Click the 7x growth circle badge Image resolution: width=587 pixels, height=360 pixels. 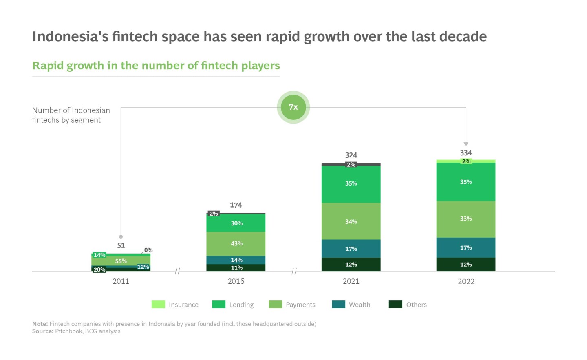click(x=293, y=107)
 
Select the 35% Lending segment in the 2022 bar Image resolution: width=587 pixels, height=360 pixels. click(x=466, y=182)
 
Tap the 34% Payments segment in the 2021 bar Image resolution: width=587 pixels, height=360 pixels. click(x=351, y=221)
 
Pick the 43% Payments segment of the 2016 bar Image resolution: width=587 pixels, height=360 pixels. click(x=236, y=243)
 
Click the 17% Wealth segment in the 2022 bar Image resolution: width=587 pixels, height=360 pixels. click(x=466, y=247)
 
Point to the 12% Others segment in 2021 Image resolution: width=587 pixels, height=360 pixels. click(x=351, y=264)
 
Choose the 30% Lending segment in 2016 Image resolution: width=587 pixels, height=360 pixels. click(x=236, y=223)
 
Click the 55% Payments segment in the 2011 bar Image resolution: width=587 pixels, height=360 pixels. click(x=121, y=261)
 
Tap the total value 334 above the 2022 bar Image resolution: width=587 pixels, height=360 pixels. click(x=466, y=153)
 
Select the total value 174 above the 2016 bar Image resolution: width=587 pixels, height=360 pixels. click(x=236, y=205)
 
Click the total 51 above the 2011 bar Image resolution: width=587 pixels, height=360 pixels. click(x=121, y=245)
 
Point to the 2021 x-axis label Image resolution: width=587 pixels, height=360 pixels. click(x=351, y=281)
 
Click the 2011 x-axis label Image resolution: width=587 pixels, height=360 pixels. click(x=121, y=281)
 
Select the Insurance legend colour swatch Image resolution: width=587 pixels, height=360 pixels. click(x=158, y=305)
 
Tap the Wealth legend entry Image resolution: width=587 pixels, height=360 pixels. click(x=359, y=305)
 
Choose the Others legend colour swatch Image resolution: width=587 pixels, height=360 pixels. click(x=395, y=305)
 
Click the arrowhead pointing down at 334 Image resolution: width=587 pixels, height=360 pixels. click(x=466, y=144)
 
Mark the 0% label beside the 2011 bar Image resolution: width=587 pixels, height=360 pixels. click(x=148, y=250)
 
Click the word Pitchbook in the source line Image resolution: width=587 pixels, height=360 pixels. click(x=68, y=331)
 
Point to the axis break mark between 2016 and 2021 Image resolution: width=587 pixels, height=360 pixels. click(x=294, y=271)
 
